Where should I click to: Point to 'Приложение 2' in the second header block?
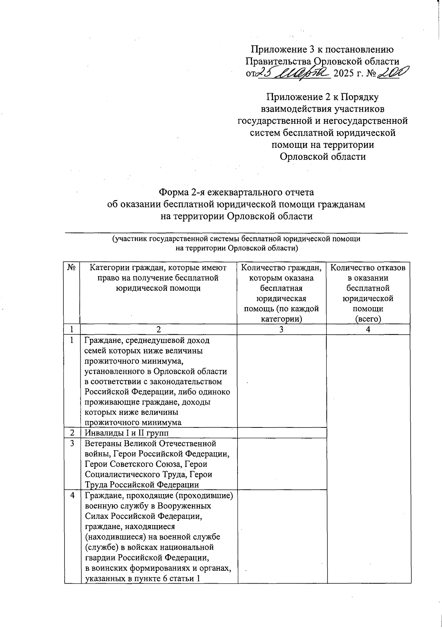[294, 97]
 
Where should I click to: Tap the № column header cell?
[72, 268]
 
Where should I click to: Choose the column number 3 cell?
[281, 329]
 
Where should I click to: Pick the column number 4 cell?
[368, 329]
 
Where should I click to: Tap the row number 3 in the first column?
[72, 444]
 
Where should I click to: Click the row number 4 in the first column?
[72, 496]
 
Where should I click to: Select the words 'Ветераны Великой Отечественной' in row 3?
[150, 444]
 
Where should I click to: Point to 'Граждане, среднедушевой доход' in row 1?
[147, 340]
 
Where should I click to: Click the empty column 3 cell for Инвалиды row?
[282, 433]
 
